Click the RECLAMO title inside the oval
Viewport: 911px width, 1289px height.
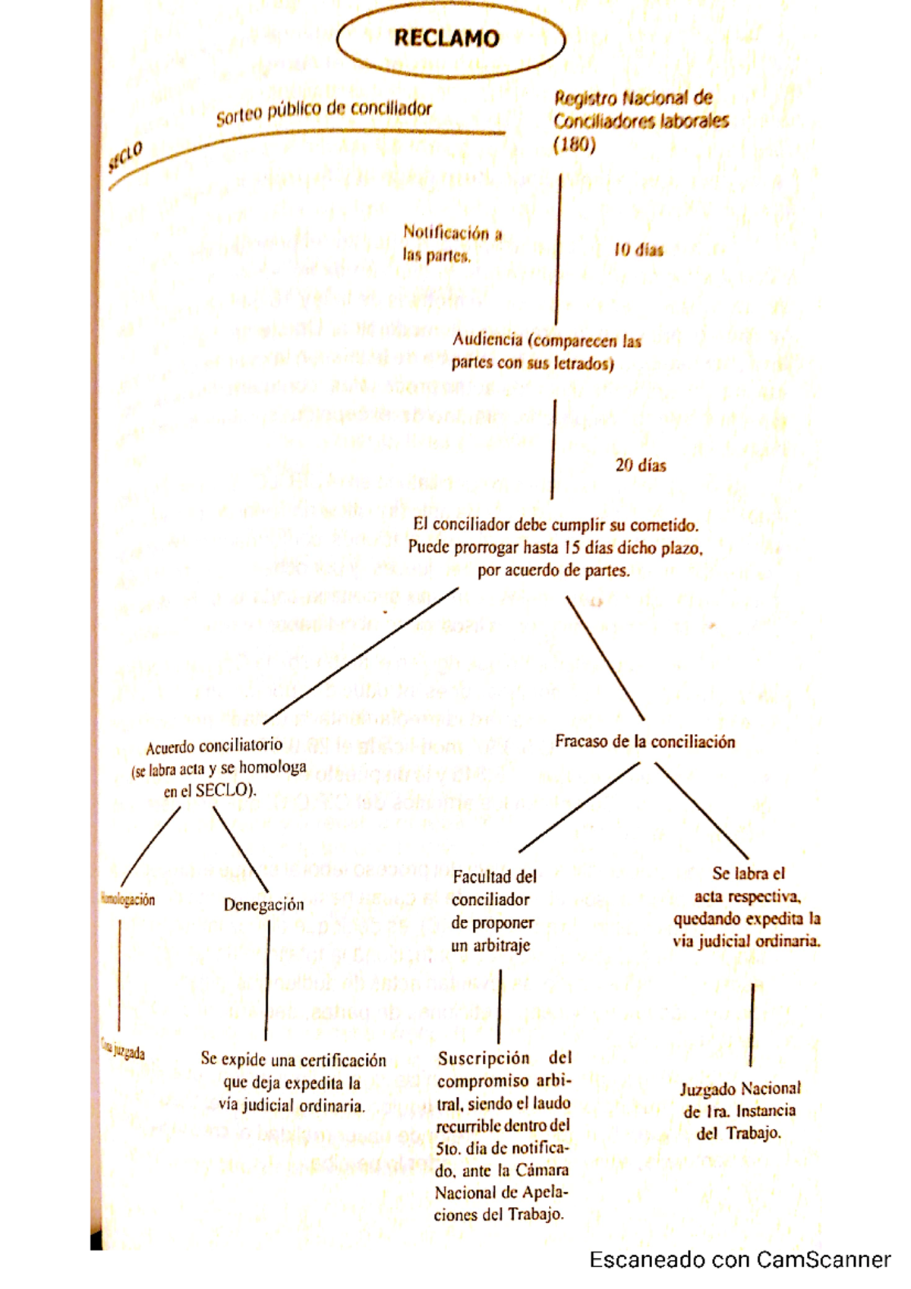click(446, 39)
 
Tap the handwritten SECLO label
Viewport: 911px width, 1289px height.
click(125, 157)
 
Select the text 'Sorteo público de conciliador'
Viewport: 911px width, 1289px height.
click(324, 112)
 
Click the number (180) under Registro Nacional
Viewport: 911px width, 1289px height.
click(574, 144)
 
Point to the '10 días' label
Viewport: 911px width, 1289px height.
click(638, 250)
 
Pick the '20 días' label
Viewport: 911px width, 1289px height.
click(641, 465)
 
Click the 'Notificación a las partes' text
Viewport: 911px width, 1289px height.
click(452, 244)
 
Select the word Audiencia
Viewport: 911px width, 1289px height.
click(487, 340)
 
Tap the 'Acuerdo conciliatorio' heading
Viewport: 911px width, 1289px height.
click(214, 746)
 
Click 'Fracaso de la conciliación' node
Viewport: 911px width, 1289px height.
click(645, 742)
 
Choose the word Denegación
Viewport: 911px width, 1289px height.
click(263, 905)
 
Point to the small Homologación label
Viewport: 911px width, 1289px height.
click(128, 900)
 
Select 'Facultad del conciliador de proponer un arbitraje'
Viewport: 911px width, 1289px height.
click(493, 911)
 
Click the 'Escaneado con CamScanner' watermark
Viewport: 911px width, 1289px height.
click(739, 1260)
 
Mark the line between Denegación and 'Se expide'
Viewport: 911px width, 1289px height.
click(267, 979)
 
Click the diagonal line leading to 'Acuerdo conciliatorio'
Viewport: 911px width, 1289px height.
click(361, 655)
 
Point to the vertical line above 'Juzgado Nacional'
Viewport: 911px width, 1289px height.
click(751, 1025)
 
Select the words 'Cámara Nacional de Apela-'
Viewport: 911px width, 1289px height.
click(502, 1181)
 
